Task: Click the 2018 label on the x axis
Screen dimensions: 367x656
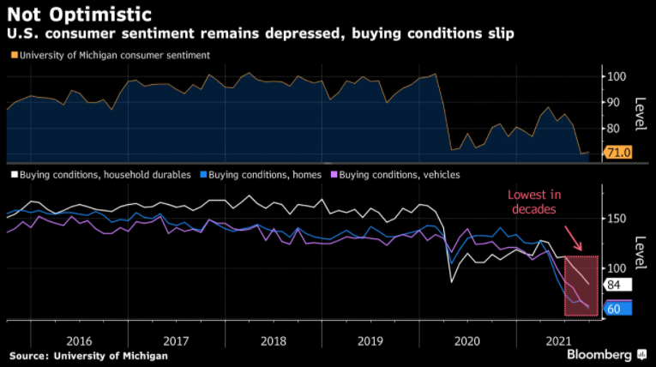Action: pos(273,340)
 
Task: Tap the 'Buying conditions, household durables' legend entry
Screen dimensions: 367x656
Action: pos(100,175)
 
